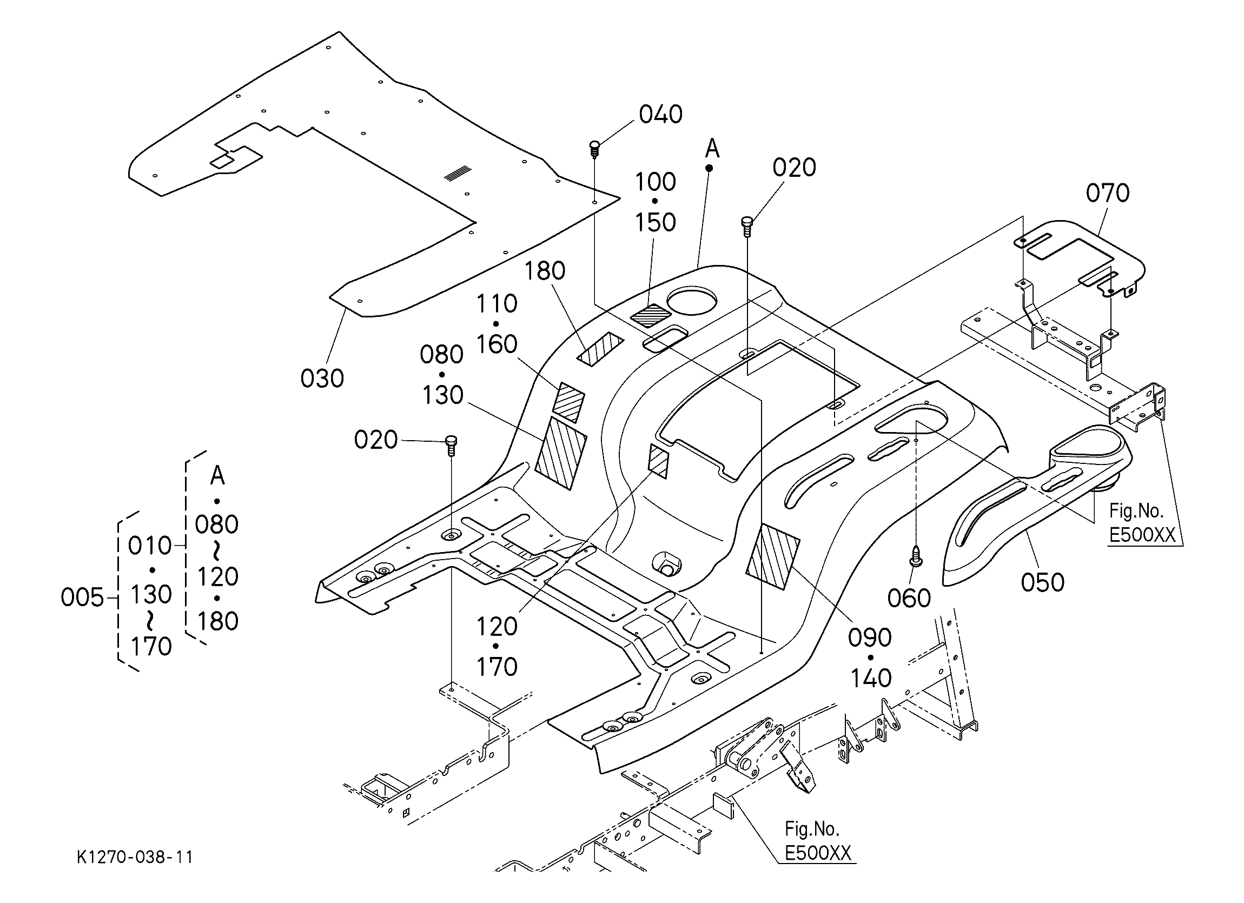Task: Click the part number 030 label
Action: (322, 379)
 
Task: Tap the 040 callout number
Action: (661, 115)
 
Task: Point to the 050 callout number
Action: (1043, 582)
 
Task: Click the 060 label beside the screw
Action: (909, 598)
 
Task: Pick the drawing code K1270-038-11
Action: (135, 857)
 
